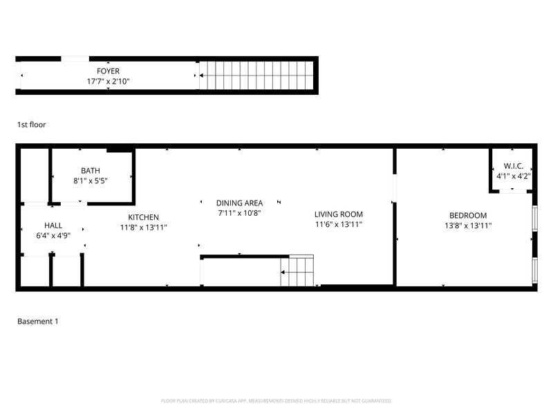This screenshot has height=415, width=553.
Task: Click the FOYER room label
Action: [108, 71]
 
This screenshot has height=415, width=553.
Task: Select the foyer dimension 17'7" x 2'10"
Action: [108, 81]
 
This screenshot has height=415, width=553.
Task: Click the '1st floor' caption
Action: [32, 124]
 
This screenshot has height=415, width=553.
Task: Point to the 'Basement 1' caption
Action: [37, 322]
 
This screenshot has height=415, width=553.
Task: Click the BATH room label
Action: [91, 170]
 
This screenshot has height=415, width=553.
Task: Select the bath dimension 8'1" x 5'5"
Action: [91, 181]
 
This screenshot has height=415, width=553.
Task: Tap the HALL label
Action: [53, 225]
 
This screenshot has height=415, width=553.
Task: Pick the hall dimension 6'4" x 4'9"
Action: [53, 236]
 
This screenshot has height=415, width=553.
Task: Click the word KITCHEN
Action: [143, 217]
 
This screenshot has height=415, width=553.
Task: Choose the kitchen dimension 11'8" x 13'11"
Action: [143, 228]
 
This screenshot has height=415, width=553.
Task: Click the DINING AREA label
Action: [239, 203]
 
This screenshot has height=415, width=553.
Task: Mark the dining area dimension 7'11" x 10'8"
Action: [239, 213]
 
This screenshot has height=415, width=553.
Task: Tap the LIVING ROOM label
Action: [339, 214]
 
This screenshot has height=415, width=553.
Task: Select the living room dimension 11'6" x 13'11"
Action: [339, 225]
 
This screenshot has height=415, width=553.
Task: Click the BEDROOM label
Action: [468, 215]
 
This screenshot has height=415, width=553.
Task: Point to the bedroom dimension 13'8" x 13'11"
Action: [468, 225]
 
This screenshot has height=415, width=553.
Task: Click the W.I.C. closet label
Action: [513, 166]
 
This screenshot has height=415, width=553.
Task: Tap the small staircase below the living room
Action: [297, 270]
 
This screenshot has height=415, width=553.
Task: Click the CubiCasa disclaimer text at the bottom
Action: [276, 400]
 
